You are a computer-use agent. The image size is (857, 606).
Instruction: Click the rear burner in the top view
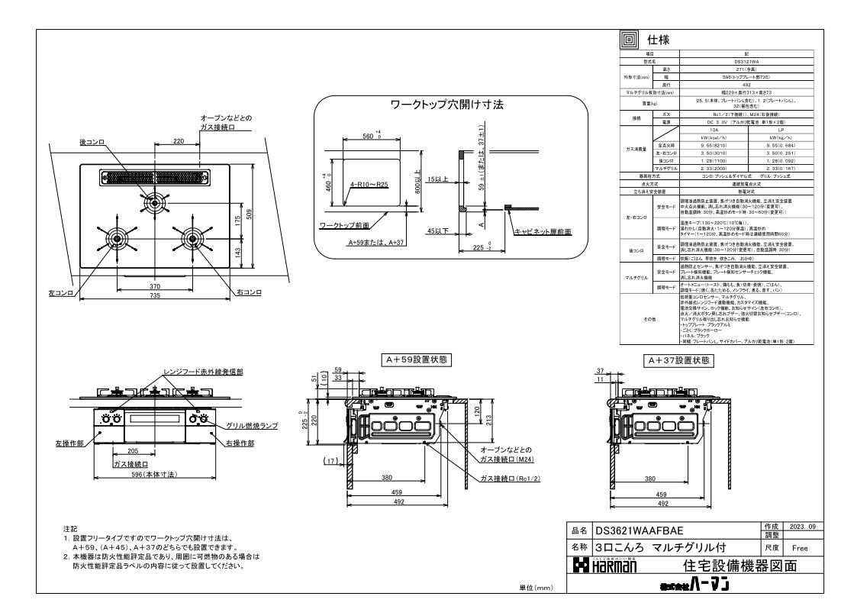154,203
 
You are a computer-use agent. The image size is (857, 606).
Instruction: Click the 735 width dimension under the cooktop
154,295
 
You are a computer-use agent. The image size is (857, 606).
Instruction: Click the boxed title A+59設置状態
417,359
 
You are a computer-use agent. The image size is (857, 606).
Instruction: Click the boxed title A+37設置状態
679,359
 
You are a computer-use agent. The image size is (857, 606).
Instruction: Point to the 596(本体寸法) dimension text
155,475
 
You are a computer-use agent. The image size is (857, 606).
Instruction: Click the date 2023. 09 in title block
800,527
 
